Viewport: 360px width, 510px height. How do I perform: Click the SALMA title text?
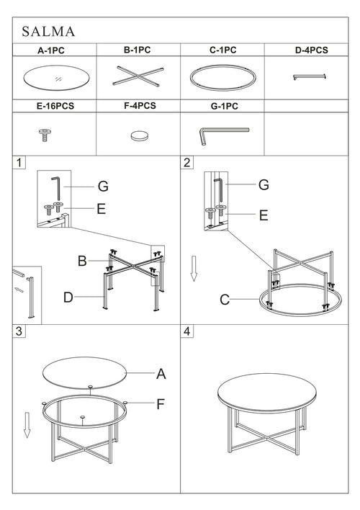pyautogui.click(x=48, y=32)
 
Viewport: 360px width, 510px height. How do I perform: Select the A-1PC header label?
pyautogui.click(x=51, y=50)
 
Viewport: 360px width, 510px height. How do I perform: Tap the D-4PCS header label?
pyautogui.click(x=312, y=50)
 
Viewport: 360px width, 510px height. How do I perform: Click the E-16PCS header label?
pyautogui.click(x=55, y=106)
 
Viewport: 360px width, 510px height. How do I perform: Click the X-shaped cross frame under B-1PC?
pyautogui.click(x=138, y=76)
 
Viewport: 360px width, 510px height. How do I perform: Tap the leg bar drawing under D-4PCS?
pyautogui.click(x=310, y=77)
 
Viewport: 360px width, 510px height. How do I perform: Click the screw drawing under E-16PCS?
pyautogui.click(x=45, y=135)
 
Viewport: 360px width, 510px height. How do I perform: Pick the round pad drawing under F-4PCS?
pyautogui.click(x=139, y=135)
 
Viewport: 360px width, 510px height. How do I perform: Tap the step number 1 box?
pyautogui.click(x=19, y=163)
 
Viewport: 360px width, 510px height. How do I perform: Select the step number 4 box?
pyautogui.click(x=186, y=331)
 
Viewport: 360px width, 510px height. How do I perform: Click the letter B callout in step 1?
pyautogui.click(x=82, y=261)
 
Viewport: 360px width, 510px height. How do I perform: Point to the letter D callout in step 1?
pyautogui.click(x=68, y=297)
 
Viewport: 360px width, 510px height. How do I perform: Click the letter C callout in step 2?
pyautogui.click(x=225, y=300)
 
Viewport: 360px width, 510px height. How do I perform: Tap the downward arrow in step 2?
pyautogui.click(x=194, y=269)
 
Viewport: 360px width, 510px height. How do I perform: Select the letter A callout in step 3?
pyautogui.click(x=161, y=374)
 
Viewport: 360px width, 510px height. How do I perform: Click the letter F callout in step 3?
pyautogui.click(x=161, y=404)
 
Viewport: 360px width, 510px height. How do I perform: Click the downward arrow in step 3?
pyautogui.click(x=27, y=425)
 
